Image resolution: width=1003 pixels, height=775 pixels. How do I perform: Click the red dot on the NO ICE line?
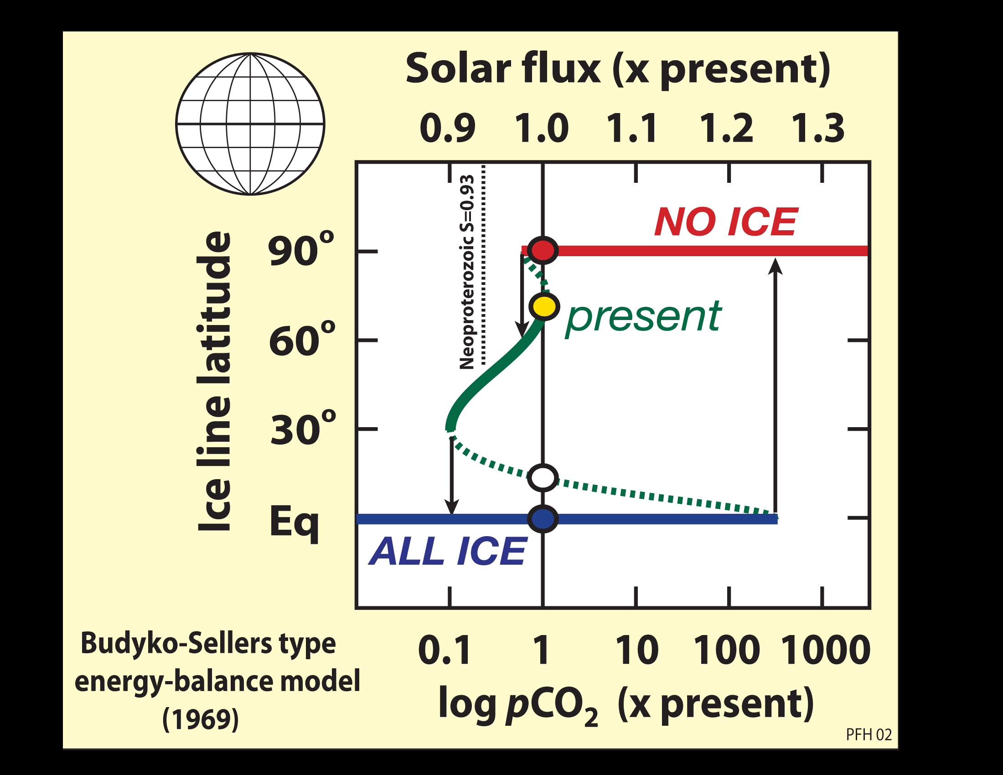click(543, 250)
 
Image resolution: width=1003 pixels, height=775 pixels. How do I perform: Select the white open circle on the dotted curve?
click(543, 477)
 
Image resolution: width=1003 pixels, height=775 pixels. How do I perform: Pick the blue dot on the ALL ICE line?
click(543, 519)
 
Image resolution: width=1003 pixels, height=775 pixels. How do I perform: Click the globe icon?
click(250, 124)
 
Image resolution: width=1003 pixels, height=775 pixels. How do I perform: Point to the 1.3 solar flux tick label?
click(818, 128)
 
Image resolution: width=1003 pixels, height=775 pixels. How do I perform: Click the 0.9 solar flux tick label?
click(447, 128)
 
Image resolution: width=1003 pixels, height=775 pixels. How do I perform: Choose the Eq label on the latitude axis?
click(294, 522)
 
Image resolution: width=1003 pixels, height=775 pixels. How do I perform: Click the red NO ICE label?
click(726, 222)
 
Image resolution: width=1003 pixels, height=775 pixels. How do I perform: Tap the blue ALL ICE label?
click(448, 552)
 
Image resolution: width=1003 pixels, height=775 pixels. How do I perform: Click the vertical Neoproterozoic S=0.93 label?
click(467, 272)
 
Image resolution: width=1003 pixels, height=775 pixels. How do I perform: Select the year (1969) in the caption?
click(201, 719)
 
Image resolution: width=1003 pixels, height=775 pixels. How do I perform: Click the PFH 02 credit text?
click(869, 735)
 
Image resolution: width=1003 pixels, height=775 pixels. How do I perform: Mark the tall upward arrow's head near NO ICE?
click(775, 266)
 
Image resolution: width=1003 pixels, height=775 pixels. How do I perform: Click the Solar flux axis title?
click(618, 69)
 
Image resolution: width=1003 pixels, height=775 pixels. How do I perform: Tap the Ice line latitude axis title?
click(213, 381)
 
